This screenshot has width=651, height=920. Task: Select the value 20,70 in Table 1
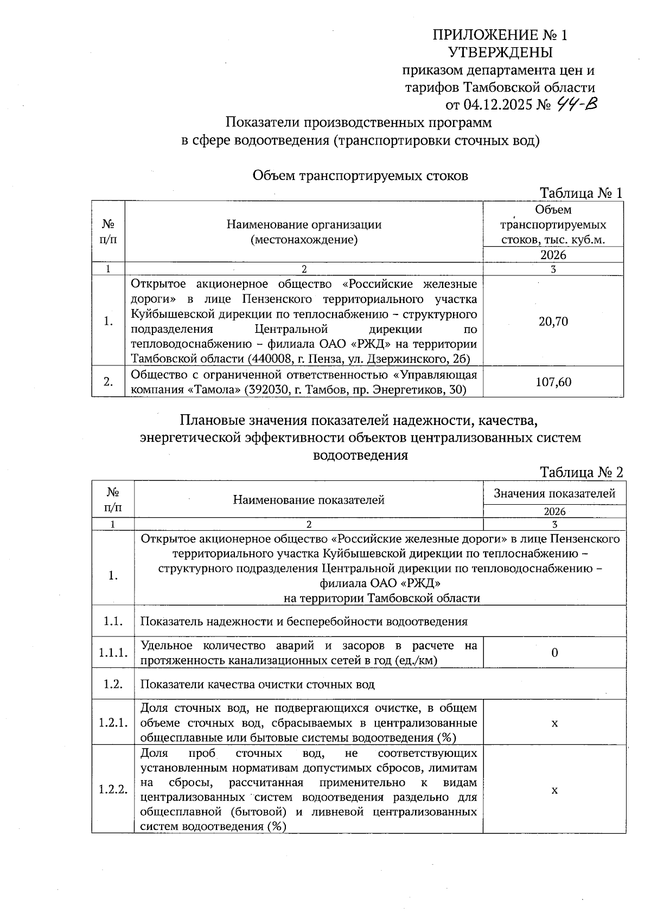click(x=553, y=321)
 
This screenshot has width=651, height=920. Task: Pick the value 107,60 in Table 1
click(x=553, y=382)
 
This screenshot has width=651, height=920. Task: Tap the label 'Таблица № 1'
click(x=580, y=193)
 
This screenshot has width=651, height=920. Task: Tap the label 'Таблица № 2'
click(x=580, y=472)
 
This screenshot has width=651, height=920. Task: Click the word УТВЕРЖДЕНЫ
click(x=500, y=53)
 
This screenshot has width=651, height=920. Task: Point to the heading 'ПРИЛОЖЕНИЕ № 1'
click(x=500, y=36)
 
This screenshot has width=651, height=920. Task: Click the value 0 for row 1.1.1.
click(x=554, y=653)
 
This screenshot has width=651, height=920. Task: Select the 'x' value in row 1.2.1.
click(x=554, y=724)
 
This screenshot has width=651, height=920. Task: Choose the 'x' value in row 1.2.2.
click(x=554, y=790)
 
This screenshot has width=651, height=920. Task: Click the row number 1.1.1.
click(x=113, y=653)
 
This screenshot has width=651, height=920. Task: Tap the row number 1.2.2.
click(x=113, y=789)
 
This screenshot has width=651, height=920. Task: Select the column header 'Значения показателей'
click(x=554, y=493)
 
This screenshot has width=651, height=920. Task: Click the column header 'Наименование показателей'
click(x=309, y=500)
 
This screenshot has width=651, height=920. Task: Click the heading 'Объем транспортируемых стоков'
click(x=360, y=176)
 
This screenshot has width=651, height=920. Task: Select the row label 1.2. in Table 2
click(x=113, y=684)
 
